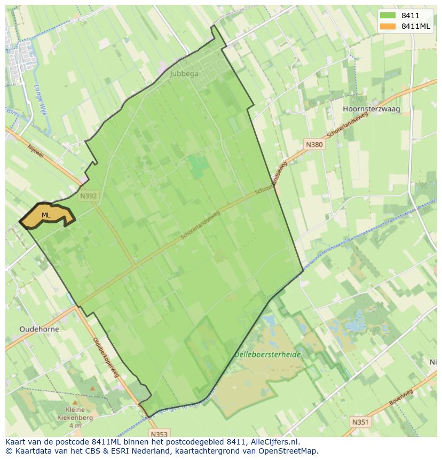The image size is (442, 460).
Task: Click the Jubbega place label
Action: click(184, 74)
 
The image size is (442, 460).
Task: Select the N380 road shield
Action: click(314, 144)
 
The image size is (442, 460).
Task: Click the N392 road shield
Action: click(89, 196)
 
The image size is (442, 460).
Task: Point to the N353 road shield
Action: click(159, 434)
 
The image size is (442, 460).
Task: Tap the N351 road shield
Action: click(360, 422)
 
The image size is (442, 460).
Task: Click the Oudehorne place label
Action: click(39, 329)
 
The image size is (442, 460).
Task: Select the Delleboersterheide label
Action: click(267, 354)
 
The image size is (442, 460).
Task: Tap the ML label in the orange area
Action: click(46, 215)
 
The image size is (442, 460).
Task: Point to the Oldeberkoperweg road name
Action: click(106, 357)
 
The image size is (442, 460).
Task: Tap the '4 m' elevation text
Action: click(75, 426)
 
